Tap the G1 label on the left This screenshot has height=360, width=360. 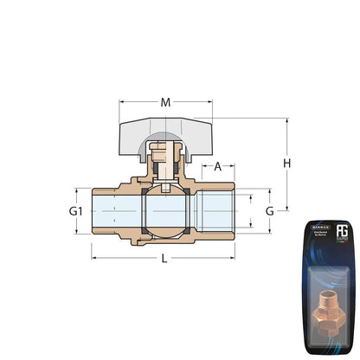[75, 211]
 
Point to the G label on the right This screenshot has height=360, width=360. [269, 211]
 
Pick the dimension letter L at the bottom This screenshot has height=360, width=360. [164, 259]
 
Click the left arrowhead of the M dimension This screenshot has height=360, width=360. [121, 103]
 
